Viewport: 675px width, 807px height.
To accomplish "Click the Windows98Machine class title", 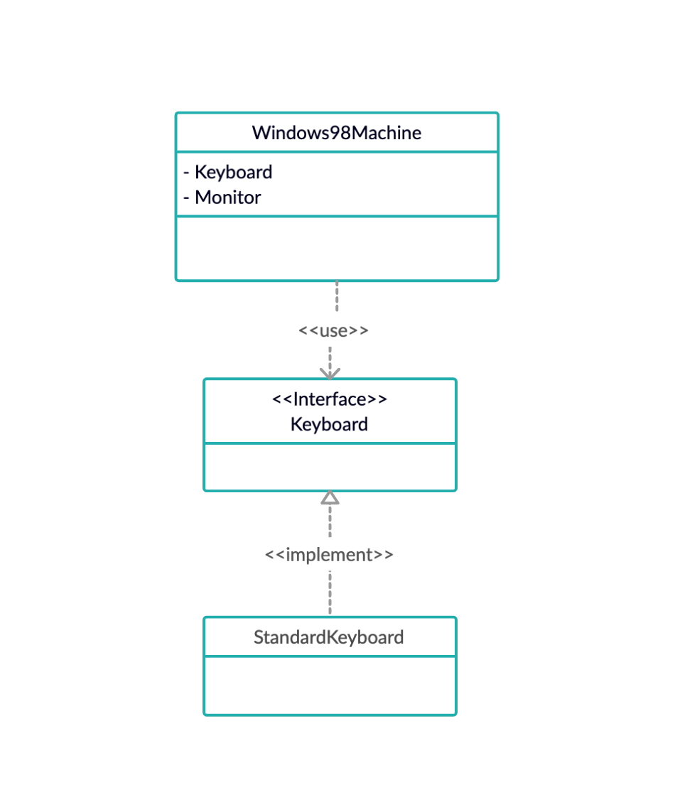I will click(336, 133).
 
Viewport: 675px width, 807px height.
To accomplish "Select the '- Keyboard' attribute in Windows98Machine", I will click(228, 172).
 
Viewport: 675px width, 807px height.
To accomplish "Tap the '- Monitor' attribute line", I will click(222, 197).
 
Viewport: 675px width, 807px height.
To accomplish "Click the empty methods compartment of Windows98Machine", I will click(336, 249).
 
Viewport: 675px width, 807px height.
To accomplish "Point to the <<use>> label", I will click(333, 330).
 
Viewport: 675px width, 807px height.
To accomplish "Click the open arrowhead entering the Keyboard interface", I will click(330, 373).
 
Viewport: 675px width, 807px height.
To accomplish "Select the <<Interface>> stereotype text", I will click(330, 399).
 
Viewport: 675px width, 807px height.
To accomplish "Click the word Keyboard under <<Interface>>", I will click(330, 425).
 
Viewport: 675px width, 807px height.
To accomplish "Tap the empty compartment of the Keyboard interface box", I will click(330, 467).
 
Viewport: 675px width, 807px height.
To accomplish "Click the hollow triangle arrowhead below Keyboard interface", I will click(330, 497).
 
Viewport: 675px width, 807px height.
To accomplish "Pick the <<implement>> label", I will click(329, 555).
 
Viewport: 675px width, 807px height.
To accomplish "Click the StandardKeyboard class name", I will click(329, 637).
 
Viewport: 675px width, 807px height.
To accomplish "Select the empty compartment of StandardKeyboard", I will click(329, 686).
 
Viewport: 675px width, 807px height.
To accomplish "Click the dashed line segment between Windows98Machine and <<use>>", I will click(336, 297).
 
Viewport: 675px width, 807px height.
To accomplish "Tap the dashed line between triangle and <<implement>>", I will click(330, 522).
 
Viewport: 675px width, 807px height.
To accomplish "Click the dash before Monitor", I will click(187, 197).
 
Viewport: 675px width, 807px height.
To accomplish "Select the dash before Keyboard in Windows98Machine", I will click(187, 173).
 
